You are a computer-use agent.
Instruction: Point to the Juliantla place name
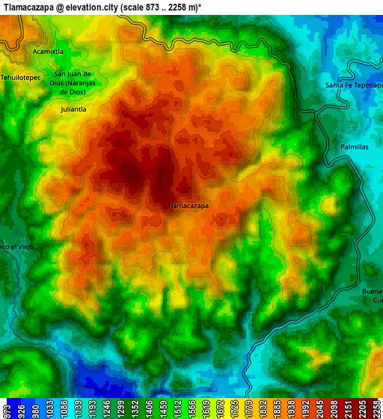coord(73,108)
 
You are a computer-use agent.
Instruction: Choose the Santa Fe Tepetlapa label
coord(354,85)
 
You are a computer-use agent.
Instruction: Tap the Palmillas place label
coord(354,147)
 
